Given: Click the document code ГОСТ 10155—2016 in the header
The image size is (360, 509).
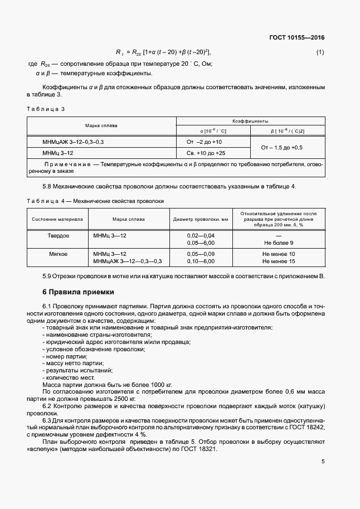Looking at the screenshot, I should click(296, 38).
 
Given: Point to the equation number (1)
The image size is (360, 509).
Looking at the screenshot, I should click(320, 52).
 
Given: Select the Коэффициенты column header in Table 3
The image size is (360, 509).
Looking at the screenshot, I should click(250, 120).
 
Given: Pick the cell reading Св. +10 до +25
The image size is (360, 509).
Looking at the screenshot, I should click(206, 153).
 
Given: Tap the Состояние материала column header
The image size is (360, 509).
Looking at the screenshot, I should click(57, 219).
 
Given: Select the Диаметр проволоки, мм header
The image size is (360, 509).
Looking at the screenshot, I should click(201, 219).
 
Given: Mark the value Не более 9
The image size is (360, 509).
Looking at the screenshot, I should click(279, 243).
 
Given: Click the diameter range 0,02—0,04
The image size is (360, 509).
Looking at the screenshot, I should click(201, 236).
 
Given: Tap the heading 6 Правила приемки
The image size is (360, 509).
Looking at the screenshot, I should click(78, 292).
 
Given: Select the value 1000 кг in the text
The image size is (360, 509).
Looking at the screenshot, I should click(161, 385).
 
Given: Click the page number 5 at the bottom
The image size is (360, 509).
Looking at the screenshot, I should click(323, 461).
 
